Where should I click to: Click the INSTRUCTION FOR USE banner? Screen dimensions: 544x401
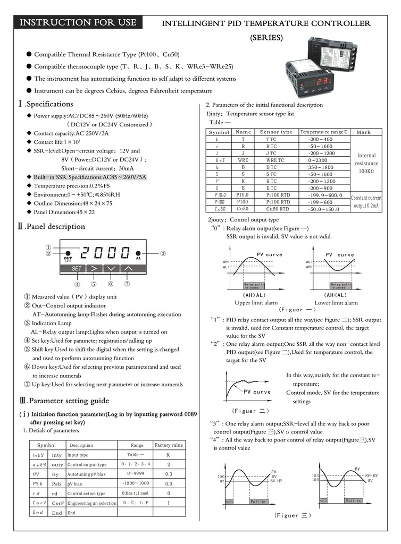coord(78,23)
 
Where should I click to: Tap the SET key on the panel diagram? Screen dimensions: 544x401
coord(77,268)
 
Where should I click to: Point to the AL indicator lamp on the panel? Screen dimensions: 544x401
coord(138,254)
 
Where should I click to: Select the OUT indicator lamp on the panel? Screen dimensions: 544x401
coord(68,254)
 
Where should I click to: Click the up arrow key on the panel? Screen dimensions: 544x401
coord(128,268)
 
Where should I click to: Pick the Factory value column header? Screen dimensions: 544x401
coord(169,445)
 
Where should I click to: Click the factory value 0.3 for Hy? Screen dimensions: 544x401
coord(169,474)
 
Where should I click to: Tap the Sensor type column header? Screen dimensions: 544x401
coord(276,132)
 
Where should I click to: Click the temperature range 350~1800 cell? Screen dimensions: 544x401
coord(320,167)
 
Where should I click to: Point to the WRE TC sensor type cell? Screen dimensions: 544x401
coord(275,160)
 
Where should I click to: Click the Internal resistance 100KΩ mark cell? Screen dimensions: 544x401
coord(366,163)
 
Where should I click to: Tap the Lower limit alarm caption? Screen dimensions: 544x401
coord(337,303)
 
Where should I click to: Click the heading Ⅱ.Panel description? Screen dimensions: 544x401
coord(52,226)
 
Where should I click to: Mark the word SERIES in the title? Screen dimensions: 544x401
coord(266,38)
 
